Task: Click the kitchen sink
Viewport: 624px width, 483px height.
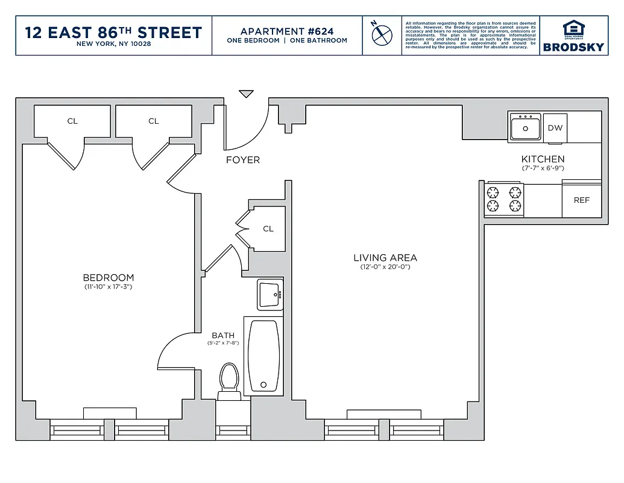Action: click(525, 128)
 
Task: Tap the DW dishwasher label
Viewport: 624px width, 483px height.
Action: click(555, 127)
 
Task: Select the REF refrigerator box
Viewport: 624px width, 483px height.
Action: click(582, 200)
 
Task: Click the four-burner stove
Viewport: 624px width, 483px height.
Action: click(504, 199)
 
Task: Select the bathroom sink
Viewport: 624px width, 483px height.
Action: click(269, 295)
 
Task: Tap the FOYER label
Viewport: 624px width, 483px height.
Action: click(243, 160)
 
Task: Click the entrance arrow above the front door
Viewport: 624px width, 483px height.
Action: click(245, 94)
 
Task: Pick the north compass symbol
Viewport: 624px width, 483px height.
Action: click(381, 35)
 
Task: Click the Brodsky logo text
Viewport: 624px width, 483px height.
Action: click(573, 47)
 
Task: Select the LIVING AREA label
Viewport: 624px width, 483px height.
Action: click(385, 258)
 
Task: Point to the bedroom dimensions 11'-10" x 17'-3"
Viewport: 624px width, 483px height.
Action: click(109, 287)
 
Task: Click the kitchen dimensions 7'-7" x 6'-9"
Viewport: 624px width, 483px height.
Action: click(543, 168)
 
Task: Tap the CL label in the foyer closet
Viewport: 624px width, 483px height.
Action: click(268, 229)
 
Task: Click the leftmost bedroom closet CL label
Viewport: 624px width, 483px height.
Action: click(72, 121)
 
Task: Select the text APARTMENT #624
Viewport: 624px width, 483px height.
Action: click(287, 31)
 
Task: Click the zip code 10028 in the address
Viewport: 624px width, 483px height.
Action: click(138, 43)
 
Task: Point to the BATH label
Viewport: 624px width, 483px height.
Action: click(223, 336)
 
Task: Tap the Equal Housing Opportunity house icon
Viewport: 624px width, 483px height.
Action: click(573, 28)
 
